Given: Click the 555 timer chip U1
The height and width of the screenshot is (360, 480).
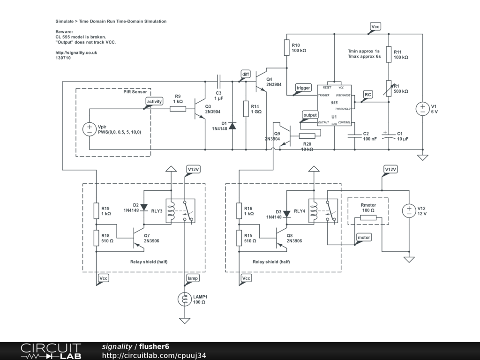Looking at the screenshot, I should pos(334,105).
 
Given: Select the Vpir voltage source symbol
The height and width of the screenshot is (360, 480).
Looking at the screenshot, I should pos(89,129).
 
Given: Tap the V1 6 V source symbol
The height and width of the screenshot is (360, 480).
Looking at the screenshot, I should pos(422,109).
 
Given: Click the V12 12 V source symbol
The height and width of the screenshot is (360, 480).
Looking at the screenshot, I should pos(409,210).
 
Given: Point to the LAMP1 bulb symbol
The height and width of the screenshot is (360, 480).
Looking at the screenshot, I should pos(184,299).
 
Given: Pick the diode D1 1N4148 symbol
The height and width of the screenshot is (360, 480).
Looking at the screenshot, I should pos(233,126).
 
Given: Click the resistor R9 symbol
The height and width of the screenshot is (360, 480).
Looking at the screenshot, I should pos(178,109).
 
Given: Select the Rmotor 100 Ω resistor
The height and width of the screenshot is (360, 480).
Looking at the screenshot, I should pos(368,217).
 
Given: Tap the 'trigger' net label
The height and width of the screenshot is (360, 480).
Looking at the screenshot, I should pos(303,88).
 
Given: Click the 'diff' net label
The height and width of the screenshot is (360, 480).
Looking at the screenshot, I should pos(246,74).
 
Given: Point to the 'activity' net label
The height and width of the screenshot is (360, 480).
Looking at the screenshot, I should pos(154,101).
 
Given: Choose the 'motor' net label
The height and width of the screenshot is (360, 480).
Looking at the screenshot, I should pos(364,237).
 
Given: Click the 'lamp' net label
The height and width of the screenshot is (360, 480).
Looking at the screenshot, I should pos(193,278).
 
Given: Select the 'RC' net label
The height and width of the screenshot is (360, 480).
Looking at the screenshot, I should pos(368,94).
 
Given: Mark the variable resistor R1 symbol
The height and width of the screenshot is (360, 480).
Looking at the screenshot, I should pos(388,88).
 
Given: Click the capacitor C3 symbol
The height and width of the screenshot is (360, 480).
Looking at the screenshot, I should pos(219,81).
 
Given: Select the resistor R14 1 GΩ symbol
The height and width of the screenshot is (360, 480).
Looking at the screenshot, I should pos(246,109).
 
